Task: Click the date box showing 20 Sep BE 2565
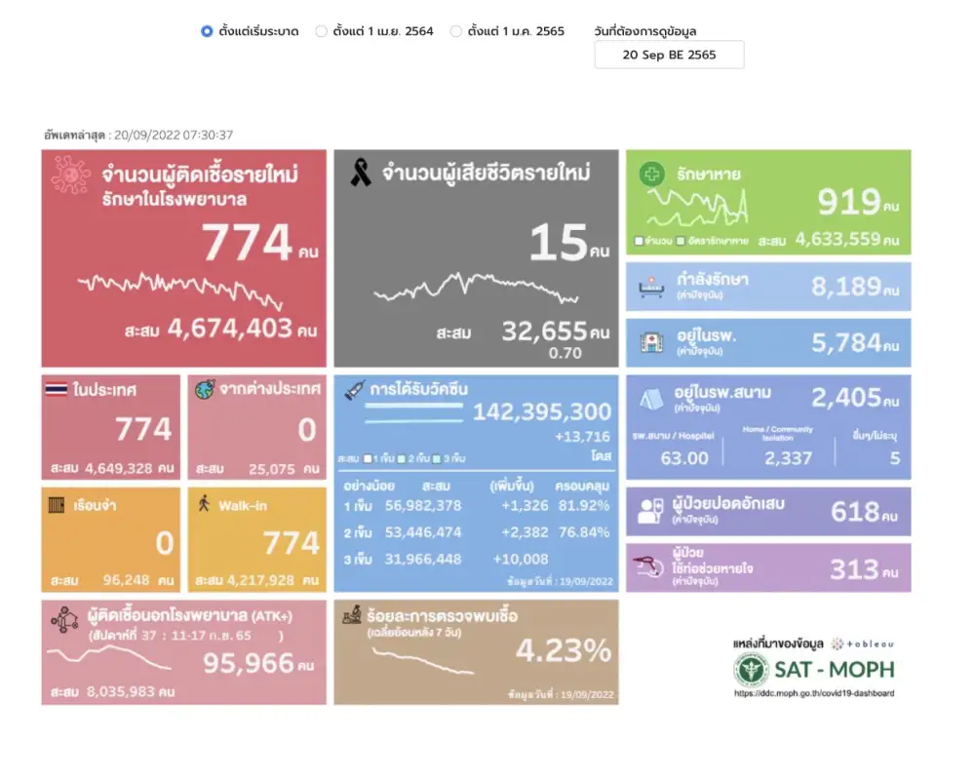pos(669,55)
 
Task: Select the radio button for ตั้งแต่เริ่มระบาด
pos(207,31)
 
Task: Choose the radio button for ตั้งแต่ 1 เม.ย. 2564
pos(321,31)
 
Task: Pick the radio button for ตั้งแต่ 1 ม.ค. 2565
pos(455,31)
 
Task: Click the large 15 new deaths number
pos(558,244)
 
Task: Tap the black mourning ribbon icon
pos(361,174)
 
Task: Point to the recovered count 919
pos(849,202)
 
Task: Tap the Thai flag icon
pos(56,390)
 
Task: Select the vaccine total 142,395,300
pos(542,411)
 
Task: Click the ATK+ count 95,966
pos(248,663)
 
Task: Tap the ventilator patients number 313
pos(854,568)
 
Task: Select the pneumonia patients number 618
pos(855,511)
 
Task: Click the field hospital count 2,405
pos(846,397)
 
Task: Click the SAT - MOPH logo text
pos(835,669)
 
